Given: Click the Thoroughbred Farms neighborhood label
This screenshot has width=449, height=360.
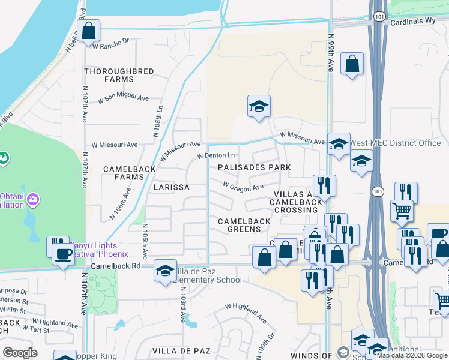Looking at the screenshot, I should (119, 75).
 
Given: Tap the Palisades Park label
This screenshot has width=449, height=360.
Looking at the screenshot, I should (254, 167).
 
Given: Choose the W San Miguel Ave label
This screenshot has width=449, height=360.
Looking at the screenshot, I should (123, 97).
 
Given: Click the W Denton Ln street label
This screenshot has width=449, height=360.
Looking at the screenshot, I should (218, 156).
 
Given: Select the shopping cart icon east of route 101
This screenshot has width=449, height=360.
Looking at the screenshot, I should (402, 210).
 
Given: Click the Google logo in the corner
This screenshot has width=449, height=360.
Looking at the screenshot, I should (20, 352).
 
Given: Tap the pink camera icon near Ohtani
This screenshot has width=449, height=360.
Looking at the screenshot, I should (33, 199).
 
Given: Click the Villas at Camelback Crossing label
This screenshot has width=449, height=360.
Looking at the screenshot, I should (294, 202).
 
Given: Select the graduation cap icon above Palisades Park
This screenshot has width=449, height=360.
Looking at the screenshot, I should (259, 106).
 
